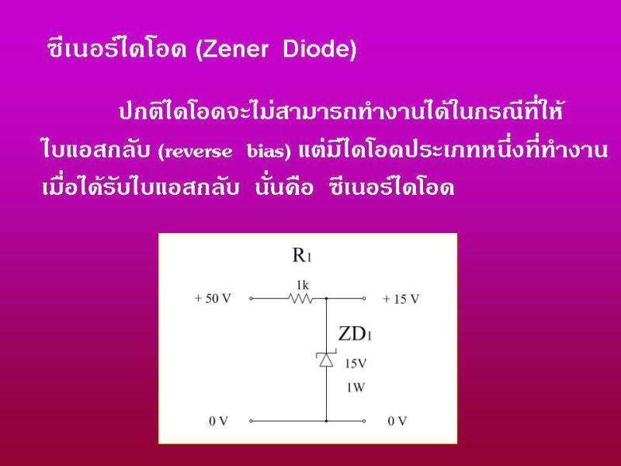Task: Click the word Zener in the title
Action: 232,49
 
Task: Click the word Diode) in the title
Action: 320,49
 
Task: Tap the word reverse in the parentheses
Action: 195,151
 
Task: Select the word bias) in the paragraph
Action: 269,151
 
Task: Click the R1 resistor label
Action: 302,255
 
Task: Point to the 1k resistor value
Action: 303,284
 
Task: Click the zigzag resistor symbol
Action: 301,298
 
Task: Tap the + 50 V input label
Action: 212,298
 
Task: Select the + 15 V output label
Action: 401,299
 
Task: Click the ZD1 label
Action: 355,334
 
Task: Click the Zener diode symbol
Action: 326,359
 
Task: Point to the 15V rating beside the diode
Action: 356,363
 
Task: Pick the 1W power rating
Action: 356,388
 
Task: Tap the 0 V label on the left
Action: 219,421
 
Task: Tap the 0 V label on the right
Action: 397,421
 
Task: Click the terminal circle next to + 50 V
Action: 251,298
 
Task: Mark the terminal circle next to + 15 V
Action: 364,298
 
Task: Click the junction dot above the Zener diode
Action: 326,298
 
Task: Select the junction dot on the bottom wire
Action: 326,421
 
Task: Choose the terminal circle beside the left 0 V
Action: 251,421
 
